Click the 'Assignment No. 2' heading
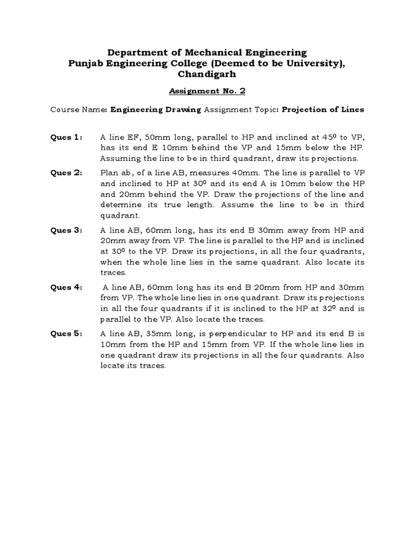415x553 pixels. coord(207,91)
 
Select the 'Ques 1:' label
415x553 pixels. coord(66,138)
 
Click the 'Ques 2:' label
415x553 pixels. coord(66,173)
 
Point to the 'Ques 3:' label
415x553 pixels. coord(66,230)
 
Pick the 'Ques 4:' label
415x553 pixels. coord(66,287)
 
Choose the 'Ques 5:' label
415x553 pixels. coord(66,334)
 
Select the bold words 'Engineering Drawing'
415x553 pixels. coord(156,109)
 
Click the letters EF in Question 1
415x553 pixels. coord(127,138)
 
